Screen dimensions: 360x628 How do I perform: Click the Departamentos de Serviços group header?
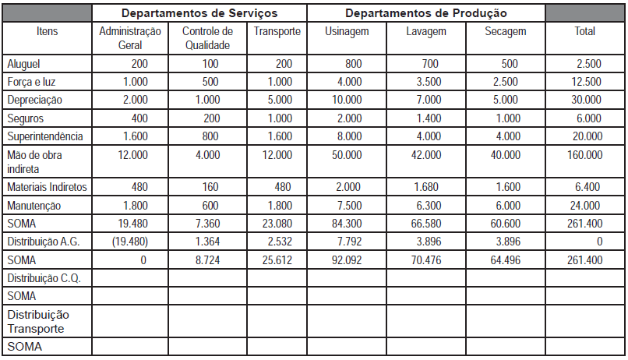click(x=199, y=13)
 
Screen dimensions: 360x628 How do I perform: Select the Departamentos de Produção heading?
click(x=425, y=13)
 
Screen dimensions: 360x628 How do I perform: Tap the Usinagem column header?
click(x=346, y=32)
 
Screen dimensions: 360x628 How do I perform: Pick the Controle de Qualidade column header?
click(x=207, y=38)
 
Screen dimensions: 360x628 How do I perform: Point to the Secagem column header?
click(x=505, y=32)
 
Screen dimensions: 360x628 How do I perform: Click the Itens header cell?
click(x=48, y=32)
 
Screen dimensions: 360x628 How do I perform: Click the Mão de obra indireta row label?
click(x=34, y=161)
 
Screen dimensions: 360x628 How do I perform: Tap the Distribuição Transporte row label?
click(x=38, y=322)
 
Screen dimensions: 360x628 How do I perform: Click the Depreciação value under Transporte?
click(x=277, y=100)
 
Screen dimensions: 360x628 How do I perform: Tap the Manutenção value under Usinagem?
click(x=347, y=206)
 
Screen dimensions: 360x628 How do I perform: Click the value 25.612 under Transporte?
click(x=275, y=259)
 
